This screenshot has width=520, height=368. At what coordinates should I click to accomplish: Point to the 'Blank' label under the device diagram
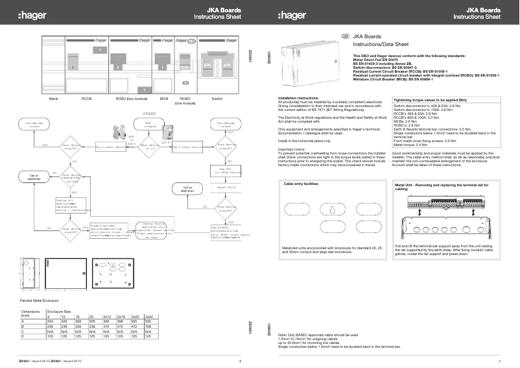(x=54, y=98)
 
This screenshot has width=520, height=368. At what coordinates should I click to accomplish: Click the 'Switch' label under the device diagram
(x=217, y=98)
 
